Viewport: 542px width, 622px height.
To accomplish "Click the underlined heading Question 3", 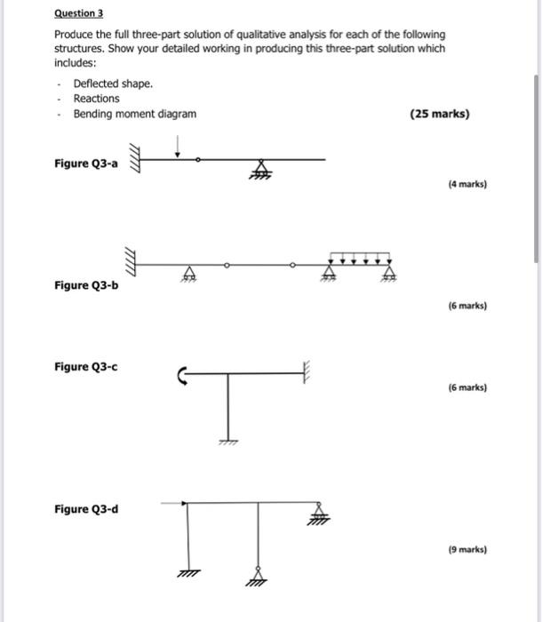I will coord(78,14).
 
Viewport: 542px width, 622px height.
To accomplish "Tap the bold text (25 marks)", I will coord(440,115).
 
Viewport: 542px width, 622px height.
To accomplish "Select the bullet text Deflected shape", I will coord(113,83).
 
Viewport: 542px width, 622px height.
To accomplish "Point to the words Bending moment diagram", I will coord(135,115).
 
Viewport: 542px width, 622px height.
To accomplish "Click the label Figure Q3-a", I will coord(85,163).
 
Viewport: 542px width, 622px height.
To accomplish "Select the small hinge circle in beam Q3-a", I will coord(197,160).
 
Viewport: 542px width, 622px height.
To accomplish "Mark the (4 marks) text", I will coord(467,185).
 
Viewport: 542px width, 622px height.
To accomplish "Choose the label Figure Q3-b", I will coord(85,285).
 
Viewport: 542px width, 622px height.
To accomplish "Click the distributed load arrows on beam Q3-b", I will coord(360,259).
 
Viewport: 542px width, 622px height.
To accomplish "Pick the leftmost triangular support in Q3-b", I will coord(187,273).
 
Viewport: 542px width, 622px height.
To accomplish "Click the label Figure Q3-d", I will coord(85,509).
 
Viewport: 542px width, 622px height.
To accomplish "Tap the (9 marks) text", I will coord(467,550).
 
